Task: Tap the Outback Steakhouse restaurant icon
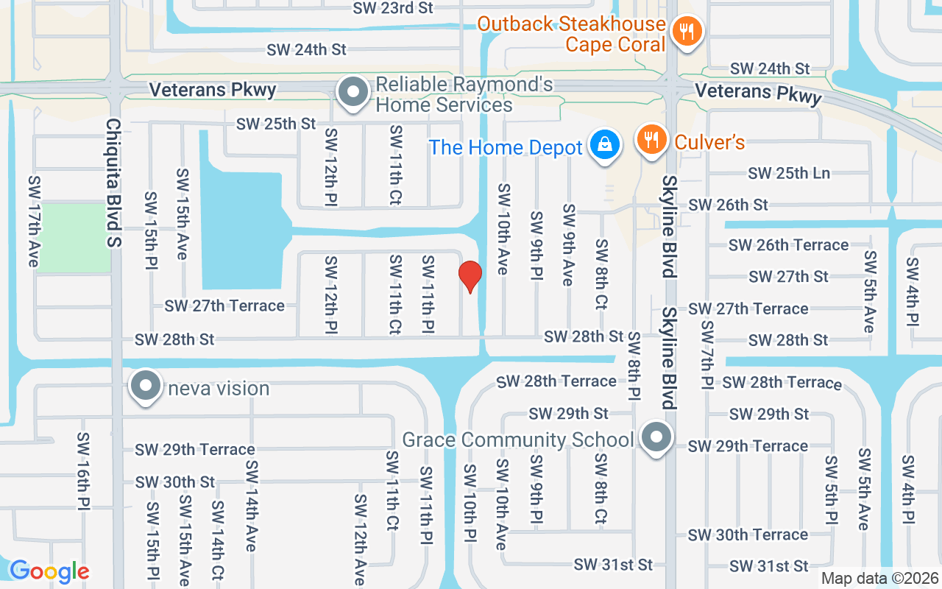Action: (687, 31)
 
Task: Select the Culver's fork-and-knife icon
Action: (651, 139)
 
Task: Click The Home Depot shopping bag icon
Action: (604, 145)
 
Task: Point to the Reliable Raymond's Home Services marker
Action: (353, 94)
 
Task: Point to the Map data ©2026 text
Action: (879, 579)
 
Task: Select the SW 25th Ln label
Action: (789, 173)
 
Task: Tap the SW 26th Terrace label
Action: (788, 244)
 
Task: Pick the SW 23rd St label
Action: (393, 8)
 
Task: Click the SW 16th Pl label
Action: (82, 470)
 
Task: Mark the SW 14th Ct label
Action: (218, 540)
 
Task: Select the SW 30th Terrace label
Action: (748, 535)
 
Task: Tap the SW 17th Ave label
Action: (33, 222)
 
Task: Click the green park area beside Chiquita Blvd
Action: (73, 238)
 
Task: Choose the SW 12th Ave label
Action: (361, 540)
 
